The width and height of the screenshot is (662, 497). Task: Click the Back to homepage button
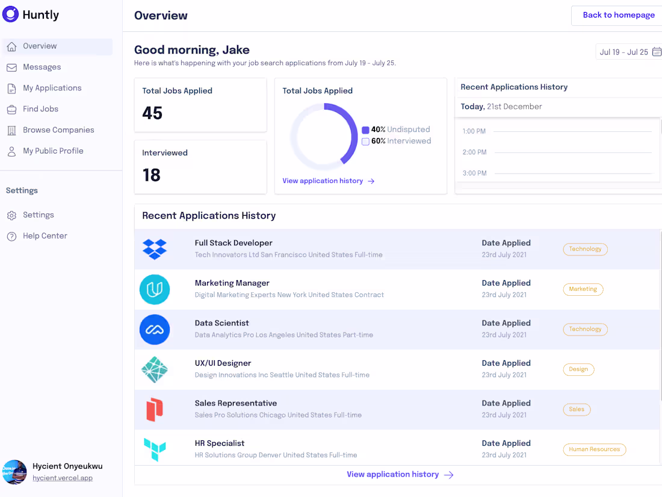tap(618, 15)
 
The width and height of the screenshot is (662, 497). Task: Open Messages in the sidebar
tap(42, 67)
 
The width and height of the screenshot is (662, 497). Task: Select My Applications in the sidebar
tap(52, 88)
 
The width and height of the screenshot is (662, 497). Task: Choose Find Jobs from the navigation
tap(40, 109)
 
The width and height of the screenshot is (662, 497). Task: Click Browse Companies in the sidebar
tap(58, 130)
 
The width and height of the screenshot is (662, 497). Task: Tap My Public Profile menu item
tap(53, 151)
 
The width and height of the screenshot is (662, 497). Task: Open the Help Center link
tap(45, 236)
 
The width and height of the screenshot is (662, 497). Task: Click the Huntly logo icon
tap(11, 14)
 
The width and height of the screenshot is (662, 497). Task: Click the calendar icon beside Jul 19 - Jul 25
tap(657, 52)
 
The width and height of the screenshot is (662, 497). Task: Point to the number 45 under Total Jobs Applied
tap(152, 113)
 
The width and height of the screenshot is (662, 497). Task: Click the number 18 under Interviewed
tap(152, 175)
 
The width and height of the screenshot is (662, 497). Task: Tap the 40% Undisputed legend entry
tap(396, 130)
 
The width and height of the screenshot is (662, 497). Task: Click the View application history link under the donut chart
tap(329, 181)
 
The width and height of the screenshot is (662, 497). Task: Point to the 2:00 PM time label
tap(474, 152)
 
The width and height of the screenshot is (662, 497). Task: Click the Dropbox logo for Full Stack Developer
tap(155, 249)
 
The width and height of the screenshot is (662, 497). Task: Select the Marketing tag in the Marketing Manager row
tap(583, 289)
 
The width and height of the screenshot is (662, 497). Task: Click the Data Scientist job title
tap(221, 324)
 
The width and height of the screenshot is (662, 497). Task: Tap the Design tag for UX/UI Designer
tap(578, 369)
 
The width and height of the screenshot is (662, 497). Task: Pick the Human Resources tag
tap(594, 449)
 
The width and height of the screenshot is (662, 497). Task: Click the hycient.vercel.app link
tap(63, 478)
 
